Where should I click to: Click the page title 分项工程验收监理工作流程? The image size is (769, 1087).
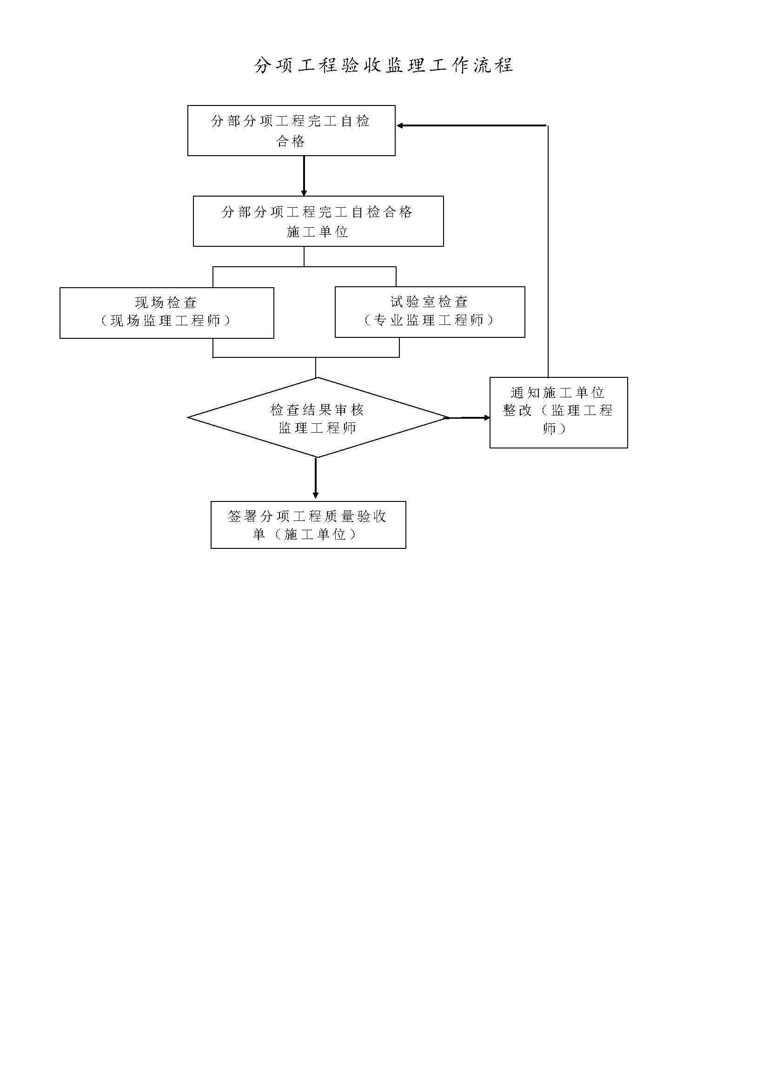[384, 66]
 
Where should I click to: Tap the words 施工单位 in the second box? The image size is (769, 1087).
[317, 232]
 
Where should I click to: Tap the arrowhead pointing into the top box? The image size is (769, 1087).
[400, 125]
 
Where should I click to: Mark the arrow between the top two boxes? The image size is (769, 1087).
[304, 176]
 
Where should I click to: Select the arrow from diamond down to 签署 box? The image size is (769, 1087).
[316, 478]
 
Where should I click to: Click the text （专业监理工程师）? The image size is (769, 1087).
[429, 321]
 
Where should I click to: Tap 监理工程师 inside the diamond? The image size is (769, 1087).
[317, 428]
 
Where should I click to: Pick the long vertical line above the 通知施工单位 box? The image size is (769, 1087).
[548, 251]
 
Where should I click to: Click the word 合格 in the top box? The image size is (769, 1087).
[291, 141]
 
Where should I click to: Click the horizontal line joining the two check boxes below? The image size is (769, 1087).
[306, 357]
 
